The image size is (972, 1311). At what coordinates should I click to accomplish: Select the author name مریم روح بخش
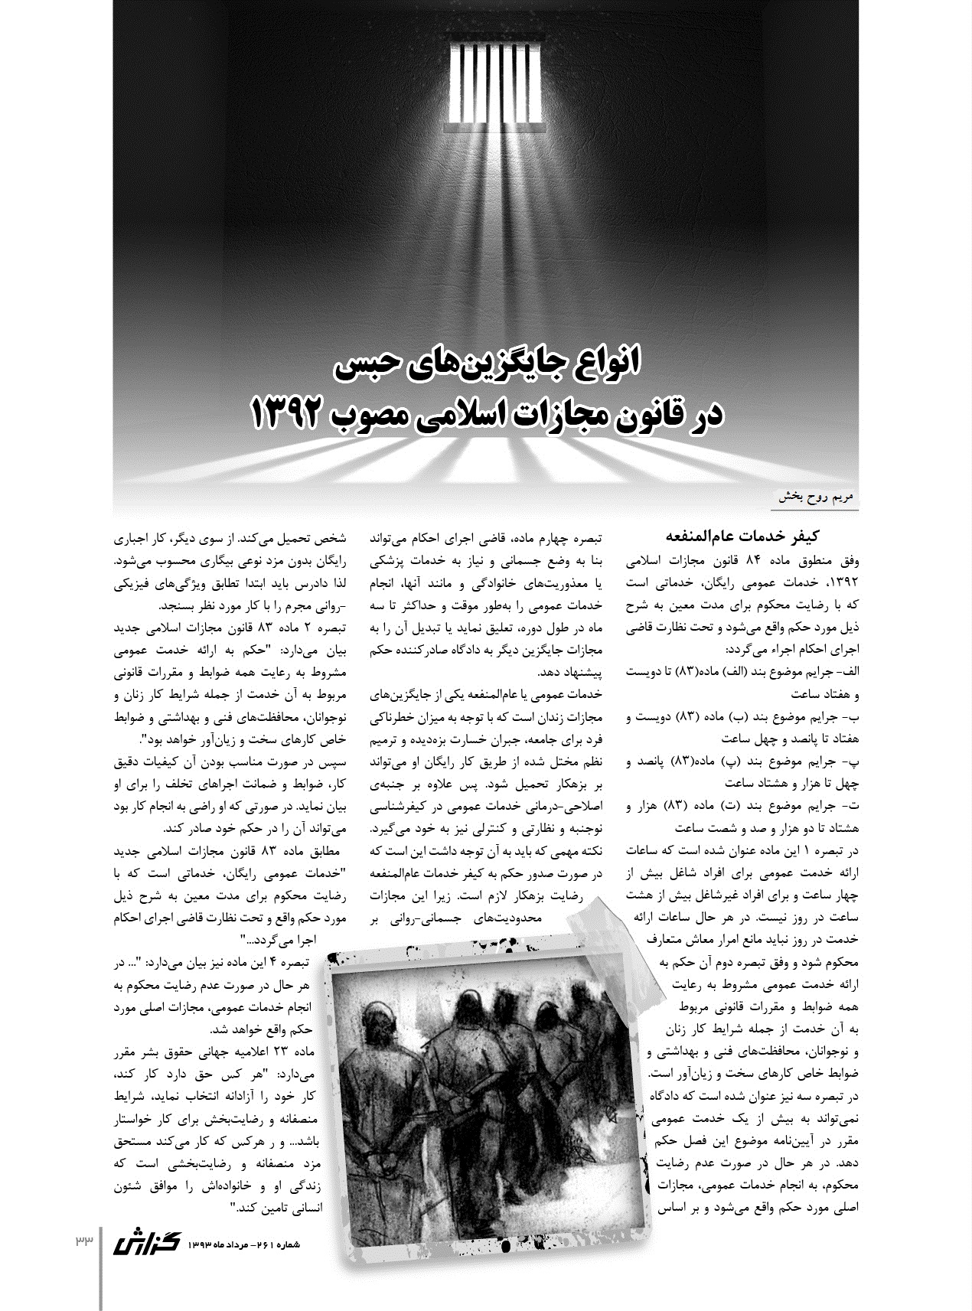coord(817,496)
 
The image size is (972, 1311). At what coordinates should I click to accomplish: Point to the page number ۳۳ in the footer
coord(83,1241)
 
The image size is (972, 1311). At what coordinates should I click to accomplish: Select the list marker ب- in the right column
coord(852,716)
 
